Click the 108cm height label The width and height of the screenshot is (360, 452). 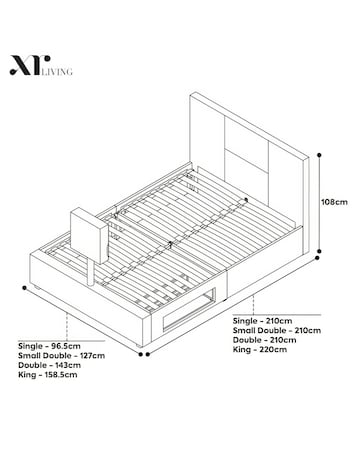pos(334,202)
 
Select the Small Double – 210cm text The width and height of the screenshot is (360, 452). pos(277,329)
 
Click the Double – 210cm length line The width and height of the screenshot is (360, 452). pos(264,339)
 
